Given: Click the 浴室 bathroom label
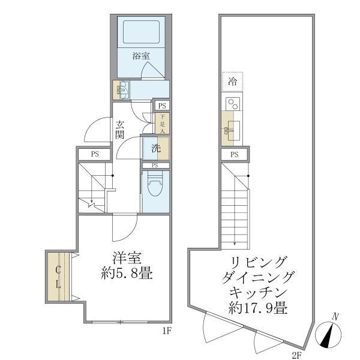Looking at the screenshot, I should tap(141, 56).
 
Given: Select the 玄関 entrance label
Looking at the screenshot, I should tap(121, 130).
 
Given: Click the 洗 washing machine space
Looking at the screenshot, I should tap(155, 148).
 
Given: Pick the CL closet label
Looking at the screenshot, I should tap(59, 277).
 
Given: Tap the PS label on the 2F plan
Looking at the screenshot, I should tap(235, 155).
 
